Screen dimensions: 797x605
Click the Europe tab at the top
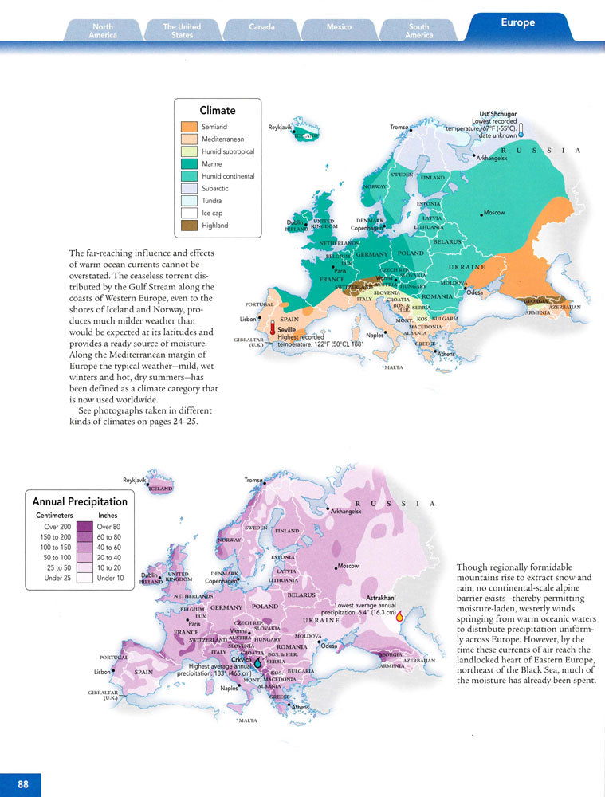pyautogui.click(x=517, y=23)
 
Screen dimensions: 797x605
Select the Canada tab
pyautogui.click(x=261, y=27)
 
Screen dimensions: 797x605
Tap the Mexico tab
pyautogui.click(x=339, y=27)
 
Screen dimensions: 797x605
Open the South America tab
pyautogui.click(x=418, y=31)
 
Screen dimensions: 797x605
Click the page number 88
pyautogui.click(x=23, y=784)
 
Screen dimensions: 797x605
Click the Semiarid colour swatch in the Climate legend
pyautogui.click(x=188, y=127)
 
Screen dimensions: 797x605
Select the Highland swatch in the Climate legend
pyautogui.click(x=188, y=226)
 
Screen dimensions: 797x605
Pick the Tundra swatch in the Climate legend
pyautogui.click(x=188, y=201)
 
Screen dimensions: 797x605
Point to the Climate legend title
pyautogui.click(x=217, y=111)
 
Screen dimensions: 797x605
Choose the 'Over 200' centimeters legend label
pyautogui.click(x=57, y=527)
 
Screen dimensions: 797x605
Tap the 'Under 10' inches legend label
pyautogui.click(x=110, y=578)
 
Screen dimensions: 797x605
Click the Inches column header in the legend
pyautogui.click(x=108, y=516)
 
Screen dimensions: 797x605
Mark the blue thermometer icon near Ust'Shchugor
pyautogui.click(x=521, y=131)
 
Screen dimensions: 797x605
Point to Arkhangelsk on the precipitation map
pyautogui.click(x=345, y=511)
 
